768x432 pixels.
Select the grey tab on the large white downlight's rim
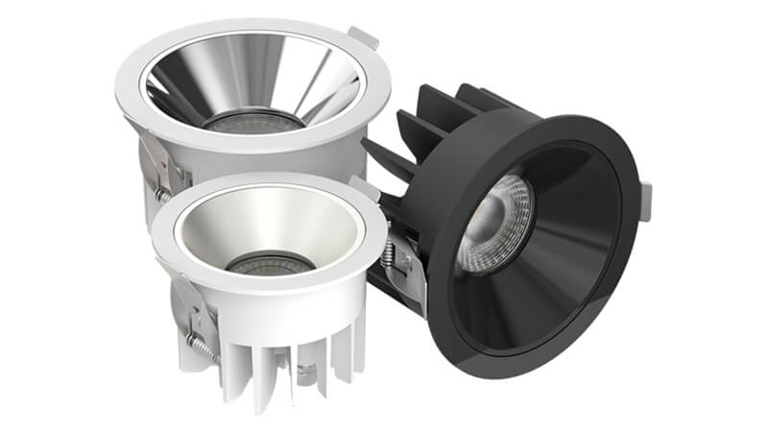362,38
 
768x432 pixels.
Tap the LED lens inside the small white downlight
264,262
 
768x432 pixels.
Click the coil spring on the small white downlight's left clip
197,346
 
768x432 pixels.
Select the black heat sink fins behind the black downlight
422,125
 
